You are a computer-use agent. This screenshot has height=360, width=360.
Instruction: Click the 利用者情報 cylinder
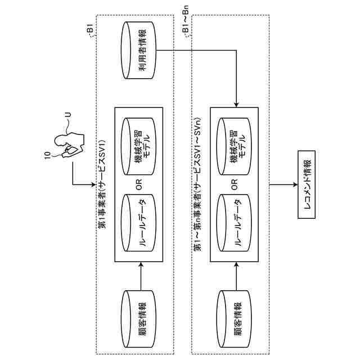pos(138,51)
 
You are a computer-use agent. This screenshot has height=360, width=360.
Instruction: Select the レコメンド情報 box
pos(306,184)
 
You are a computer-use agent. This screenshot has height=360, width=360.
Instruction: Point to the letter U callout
pos(69,115)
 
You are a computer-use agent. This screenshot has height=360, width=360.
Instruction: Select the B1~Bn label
pos(186,19)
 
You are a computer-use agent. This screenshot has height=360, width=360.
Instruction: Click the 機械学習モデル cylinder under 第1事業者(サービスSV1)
pos(138,146)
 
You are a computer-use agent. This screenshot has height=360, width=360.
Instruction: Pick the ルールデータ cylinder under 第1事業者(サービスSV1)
pos(138,223)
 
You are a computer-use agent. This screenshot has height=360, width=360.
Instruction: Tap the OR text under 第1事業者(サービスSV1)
pos(139,185)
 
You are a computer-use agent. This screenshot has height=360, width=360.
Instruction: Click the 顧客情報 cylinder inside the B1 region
pos(138,319)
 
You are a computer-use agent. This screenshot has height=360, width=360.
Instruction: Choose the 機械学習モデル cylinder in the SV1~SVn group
pos(234,146)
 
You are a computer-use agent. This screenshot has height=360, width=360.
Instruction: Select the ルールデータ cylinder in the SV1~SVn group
pos(234,223)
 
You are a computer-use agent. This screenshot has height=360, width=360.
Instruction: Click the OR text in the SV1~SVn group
pos(235,185)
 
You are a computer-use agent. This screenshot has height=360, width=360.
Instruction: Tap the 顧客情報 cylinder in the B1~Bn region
pos(234,319)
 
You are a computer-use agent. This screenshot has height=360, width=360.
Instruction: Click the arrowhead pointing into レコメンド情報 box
pos(295,184)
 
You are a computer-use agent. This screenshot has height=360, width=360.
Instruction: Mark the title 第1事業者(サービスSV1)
pos(102,184)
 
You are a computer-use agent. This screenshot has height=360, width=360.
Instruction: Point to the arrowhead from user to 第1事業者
pos(93,184)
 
